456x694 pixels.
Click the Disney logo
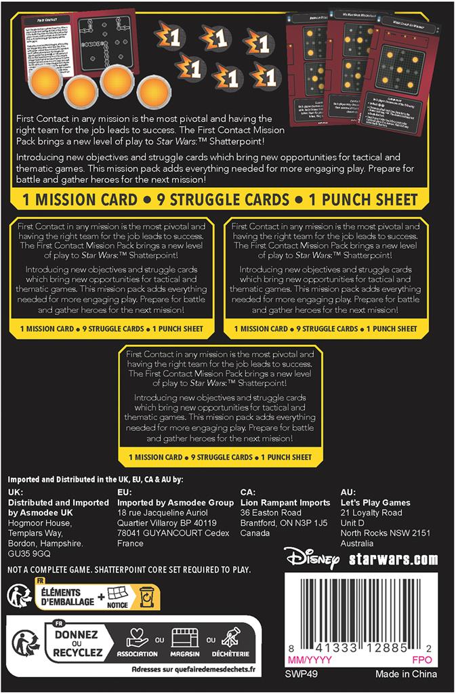pos(310,558)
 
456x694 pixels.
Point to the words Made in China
pos(406,674)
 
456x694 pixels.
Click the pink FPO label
pos(421,660)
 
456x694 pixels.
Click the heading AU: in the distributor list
pos(348,492)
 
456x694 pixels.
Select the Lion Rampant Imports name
pos(285,503)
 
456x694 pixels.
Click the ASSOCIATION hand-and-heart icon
pos(137,638)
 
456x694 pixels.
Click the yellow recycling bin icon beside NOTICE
pos(145,598)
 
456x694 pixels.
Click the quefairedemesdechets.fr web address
pos(194,670)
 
